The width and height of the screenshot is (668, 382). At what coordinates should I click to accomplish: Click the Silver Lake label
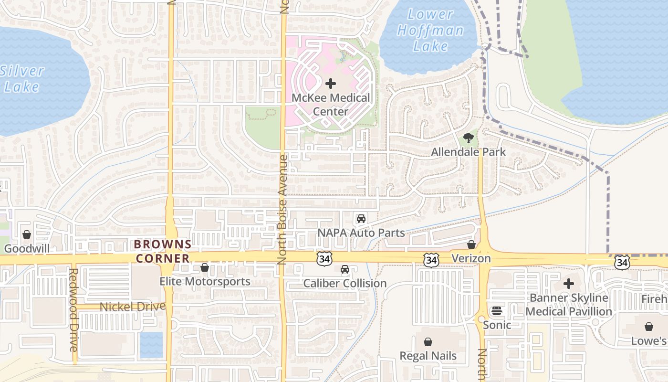pos(22,79)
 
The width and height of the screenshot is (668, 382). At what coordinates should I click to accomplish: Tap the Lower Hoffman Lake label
pos(430,30)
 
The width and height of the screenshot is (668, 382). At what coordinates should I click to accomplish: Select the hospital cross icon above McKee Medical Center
pos(330,84)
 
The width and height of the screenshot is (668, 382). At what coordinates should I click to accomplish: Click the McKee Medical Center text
pos(331,105)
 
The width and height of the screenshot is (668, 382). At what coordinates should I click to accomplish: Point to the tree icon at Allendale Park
pos(469,138)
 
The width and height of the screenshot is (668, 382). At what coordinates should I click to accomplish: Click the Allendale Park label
pos(468,152)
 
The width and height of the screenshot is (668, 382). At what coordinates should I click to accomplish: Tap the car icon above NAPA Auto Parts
pos(361,219)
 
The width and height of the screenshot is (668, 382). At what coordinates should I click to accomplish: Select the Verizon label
pos(471,258)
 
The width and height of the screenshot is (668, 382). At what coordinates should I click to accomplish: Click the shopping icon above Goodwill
pos(27,234)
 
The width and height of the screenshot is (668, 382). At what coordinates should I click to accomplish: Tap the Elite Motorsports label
pos(205,281)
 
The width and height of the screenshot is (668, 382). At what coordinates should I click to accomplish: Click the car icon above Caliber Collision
pos(345,269)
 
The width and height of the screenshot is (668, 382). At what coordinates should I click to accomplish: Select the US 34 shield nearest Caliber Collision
pos(324,259)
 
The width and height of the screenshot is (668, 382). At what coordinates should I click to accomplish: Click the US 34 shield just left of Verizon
pos(431,260)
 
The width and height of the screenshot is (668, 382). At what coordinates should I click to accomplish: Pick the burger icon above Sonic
pos(497,311)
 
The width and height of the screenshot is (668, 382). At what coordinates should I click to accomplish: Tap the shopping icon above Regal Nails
pos(428,342)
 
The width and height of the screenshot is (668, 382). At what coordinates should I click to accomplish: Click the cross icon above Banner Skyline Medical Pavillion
pos(568,284)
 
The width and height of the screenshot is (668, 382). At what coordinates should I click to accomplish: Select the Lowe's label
pos(648,341)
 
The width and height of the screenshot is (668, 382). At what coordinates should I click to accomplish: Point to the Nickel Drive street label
pos(133,307)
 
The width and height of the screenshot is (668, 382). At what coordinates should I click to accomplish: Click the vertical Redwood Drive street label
pos(73,309)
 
